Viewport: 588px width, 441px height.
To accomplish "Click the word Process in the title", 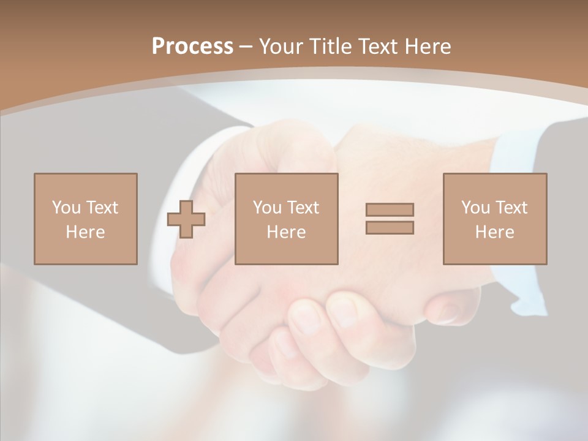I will pos(192,47).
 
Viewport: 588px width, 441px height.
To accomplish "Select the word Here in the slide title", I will pos(428,47).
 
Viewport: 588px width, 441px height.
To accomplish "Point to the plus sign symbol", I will pos(186,219).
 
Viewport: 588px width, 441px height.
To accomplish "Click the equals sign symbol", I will pos(390,219).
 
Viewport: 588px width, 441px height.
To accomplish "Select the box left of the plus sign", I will pos(86,219).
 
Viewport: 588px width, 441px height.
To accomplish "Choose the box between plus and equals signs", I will pos(287,219).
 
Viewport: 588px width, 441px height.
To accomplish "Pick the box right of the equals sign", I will pos(495,219).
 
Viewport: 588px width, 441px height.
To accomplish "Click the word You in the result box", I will pos(475,208).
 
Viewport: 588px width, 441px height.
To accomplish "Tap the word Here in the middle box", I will pos(287,232).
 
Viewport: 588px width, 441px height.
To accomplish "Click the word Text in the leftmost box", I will pos(102,208).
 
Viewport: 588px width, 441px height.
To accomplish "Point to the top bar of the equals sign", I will pos(390,209).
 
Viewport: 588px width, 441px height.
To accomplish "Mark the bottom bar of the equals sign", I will pos(390,228).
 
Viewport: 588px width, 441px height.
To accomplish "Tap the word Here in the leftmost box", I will pos(86,232).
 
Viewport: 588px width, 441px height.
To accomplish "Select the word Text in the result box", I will pos(511,208).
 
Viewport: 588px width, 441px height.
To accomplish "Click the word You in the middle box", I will pos(267,208).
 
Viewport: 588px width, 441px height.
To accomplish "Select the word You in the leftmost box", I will pos(66,208).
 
